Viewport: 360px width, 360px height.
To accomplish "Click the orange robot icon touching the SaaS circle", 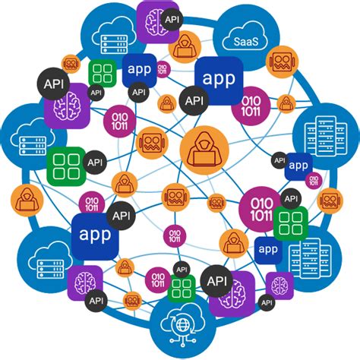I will (281, 63).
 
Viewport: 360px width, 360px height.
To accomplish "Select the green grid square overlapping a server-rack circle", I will (289, 221).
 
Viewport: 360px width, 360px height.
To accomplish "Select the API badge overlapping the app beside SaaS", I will (193, 99).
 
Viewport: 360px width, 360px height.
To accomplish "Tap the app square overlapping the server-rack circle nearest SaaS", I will (298, 166).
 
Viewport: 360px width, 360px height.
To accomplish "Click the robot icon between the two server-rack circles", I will (330, 200).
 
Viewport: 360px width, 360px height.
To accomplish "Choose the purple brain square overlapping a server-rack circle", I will (279, 285).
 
